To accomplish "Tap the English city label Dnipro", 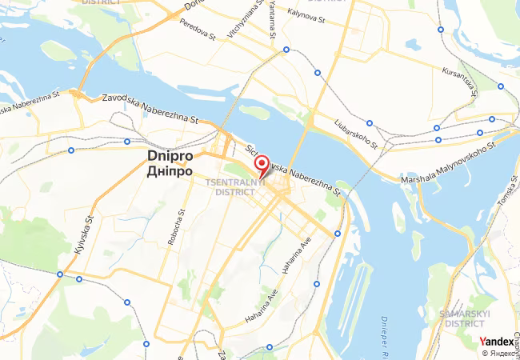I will click(x=170, y=157).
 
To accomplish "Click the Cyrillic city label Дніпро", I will click(x=170, y=170).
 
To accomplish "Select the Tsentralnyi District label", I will click(x=230, y=187).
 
